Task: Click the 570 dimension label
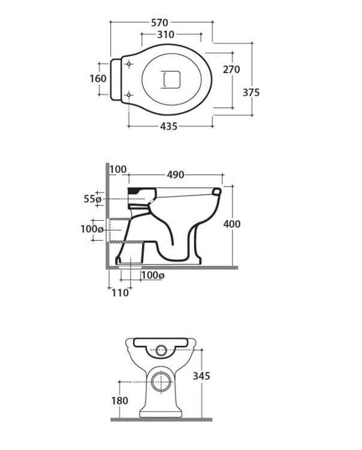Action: (159, 22)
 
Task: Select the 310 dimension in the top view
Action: (165, 34)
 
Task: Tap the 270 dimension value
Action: (231, 70)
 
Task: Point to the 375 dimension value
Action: (251, 92)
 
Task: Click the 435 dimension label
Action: (169, 126)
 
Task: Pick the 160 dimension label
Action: (98, 79)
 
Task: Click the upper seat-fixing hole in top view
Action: (129, 64)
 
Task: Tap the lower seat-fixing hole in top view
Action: (129, 95)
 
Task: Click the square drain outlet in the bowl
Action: (171, 79)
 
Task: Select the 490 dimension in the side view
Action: (176, 175)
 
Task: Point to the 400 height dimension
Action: (232, 224)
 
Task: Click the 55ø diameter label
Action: (92, 199)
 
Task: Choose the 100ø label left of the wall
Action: (92, 229)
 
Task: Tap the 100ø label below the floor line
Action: (153, 275)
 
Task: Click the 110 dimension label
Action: (120, 293)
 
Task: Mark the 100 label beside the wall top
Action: (118, 169)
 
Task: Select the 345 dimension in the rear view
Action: (201, 376)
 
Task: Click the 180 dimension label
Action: (120, 401)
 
